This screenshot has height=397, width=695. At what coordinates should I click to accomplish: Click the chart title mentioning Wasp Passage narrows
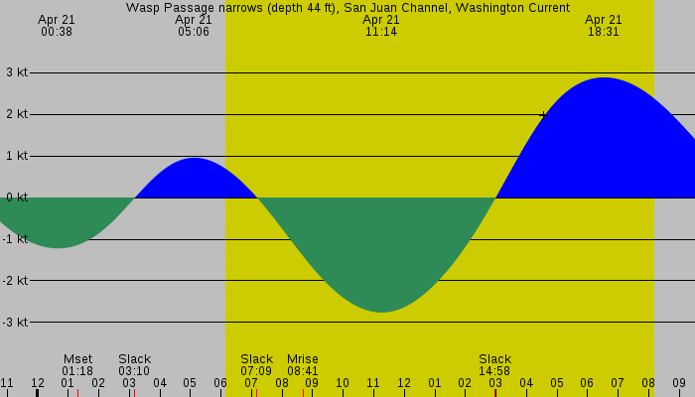(x=347, y=7)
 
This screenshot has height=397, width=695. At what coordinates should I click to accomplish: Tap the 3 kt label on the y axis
(x=16, y=72)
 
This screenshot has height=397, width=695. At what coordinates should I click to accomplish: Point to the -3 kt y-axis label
(x=16, y=323)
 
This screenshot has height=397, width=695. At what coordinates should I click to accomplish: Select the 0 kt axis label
(x=16, y=198)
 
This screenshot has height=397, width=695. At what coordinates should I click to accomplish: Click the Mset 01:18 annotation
(x=77, y=365)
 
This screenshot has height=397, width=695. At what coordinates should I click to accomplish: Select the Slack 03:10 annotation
(x=134, y=365)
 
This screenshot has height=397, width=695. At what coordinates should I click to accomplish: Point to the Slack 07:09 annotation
(x=256, y=365)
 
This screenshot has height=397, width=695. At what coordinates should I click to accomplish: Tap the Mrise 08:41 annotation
(x=303, y=365)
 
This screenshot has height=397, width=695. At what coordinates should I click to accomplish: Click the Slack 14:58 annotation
(x=494, y=365)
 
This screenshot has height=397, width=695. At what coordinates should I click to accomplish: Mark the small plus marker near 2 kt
(x=542, y=115)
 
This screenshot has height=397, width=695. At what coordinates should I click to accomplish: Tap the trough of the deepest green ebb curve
(x=381, y=311)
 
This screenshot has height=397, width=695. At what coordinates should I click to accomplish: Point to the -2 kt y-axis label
(x=16, y=281)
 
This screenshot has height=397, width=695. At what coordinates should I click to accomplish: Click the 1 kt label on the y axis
(x=16, y=156)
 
